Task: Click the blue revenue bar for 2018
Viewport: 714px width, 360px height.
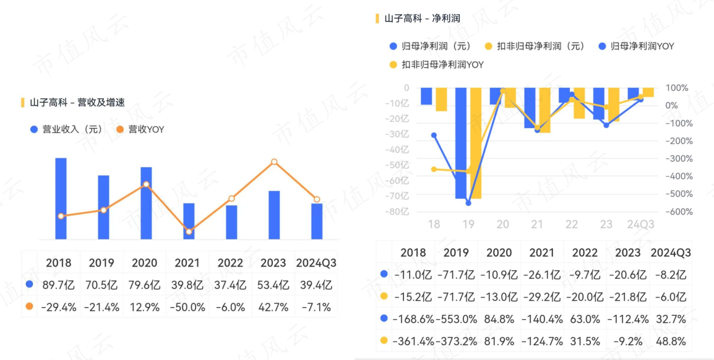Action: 61,198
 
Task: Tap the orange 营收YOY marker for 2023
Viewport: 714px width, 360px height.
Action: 274,162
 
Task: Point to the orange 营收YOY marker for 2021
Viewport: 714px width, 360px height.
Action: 189,232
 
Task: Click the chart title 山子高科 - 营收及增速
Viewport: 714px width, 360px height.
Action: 77,102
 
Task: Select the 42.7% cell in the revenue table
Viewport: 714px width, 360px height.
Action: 273,307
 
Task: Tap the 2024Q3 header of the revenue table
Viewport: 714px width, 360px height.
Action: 316,263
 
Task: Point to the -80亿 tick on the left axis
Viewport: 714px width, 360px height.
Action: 399,212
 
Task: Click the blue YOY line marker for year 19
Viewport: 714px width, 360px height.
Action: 468,203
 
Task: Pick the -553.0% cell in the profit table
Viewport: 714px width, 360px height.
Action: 457,319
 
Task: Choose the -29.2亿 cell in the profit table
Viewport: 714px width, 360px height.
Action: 542,296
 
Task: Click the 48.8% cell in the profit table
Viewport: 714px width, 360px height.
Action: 671,341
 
